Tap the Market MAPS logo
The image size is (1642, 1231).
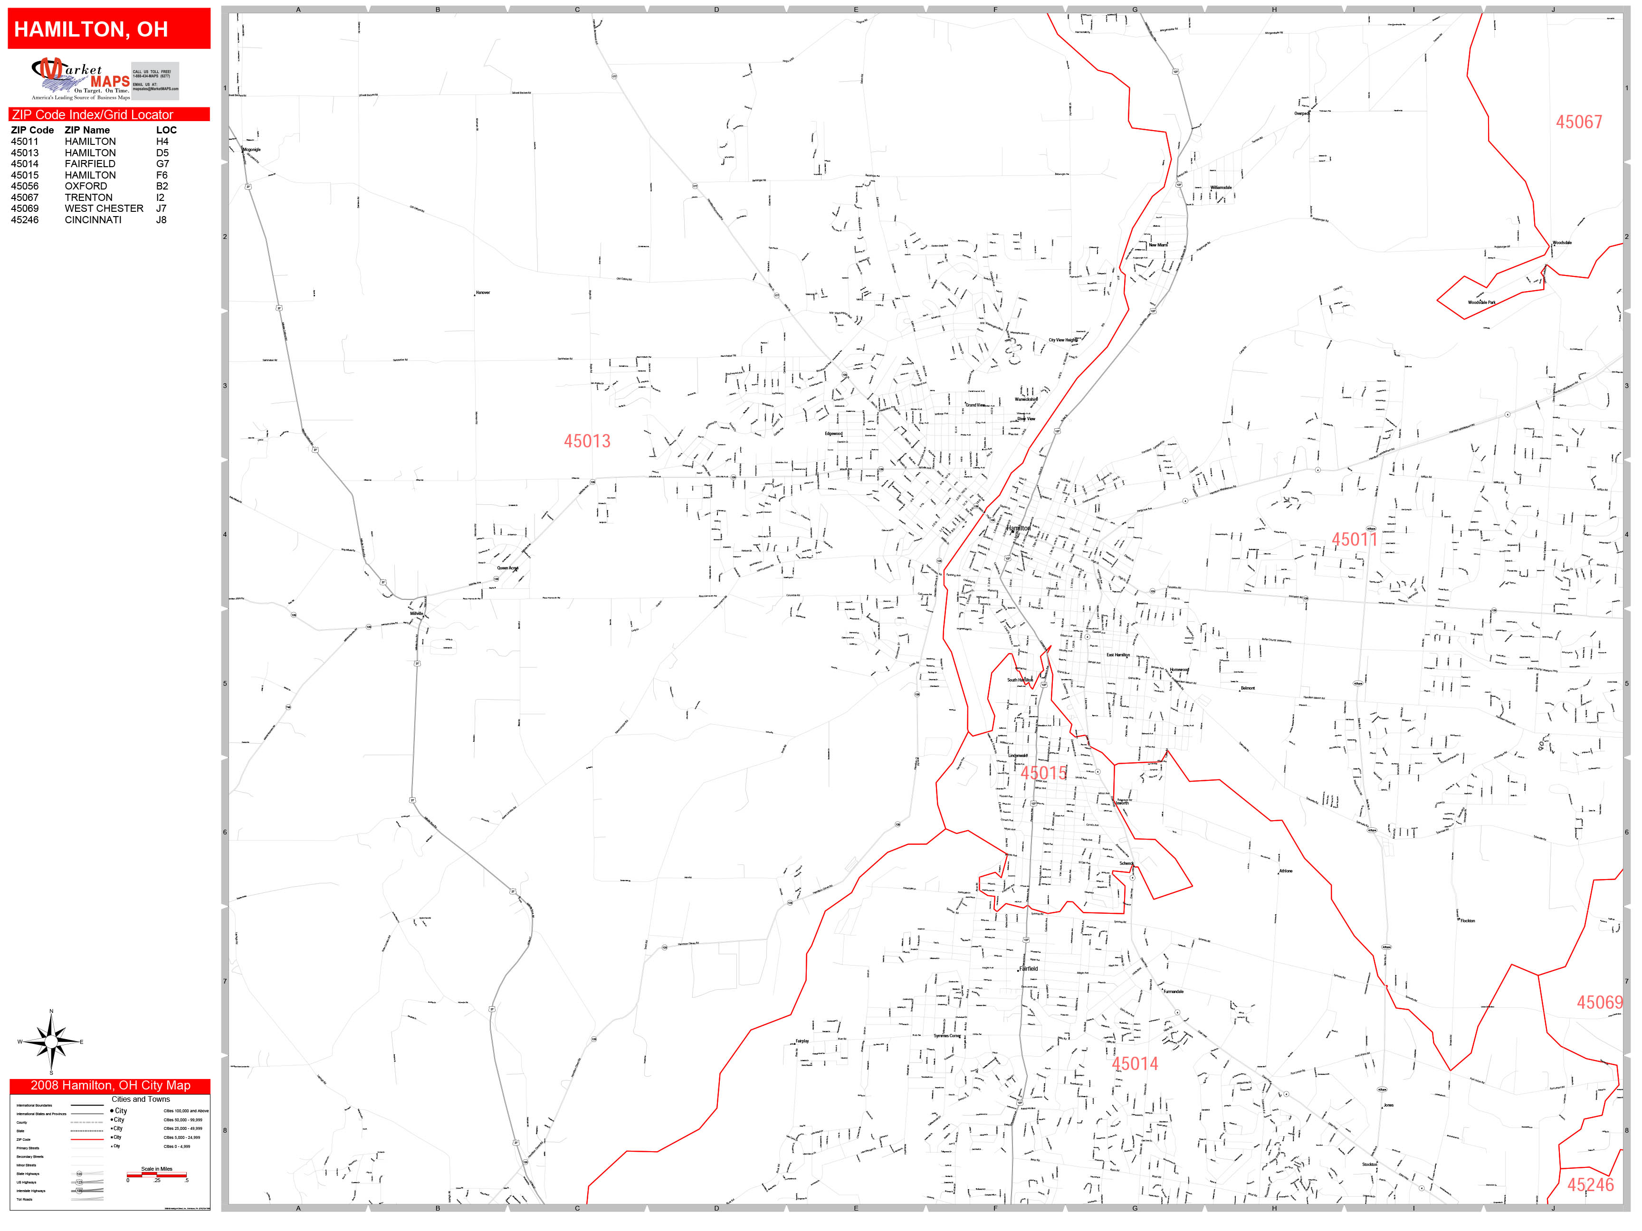80,79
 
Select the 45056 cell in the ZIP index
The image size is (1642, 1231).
25,186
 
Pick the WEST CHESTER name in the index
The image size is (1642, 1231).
104,208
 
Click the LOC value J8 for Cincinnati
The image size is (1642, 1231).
161,219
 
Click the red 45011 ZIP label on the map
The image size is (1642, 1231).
1354,540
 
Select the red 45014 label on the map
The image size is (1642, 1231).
1134,1064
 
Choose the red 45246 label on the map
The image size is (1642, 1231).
1590,1185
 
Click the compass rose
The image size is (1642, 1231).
51,1042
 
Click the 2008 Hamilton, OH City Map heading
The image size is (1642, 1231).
110,1086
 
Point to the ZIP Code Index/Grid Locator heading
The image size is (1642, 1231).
93,115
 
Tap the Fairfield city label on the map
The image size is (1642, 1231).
1028,969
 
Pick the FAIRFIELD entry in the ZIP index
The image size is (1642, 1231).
90,164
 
